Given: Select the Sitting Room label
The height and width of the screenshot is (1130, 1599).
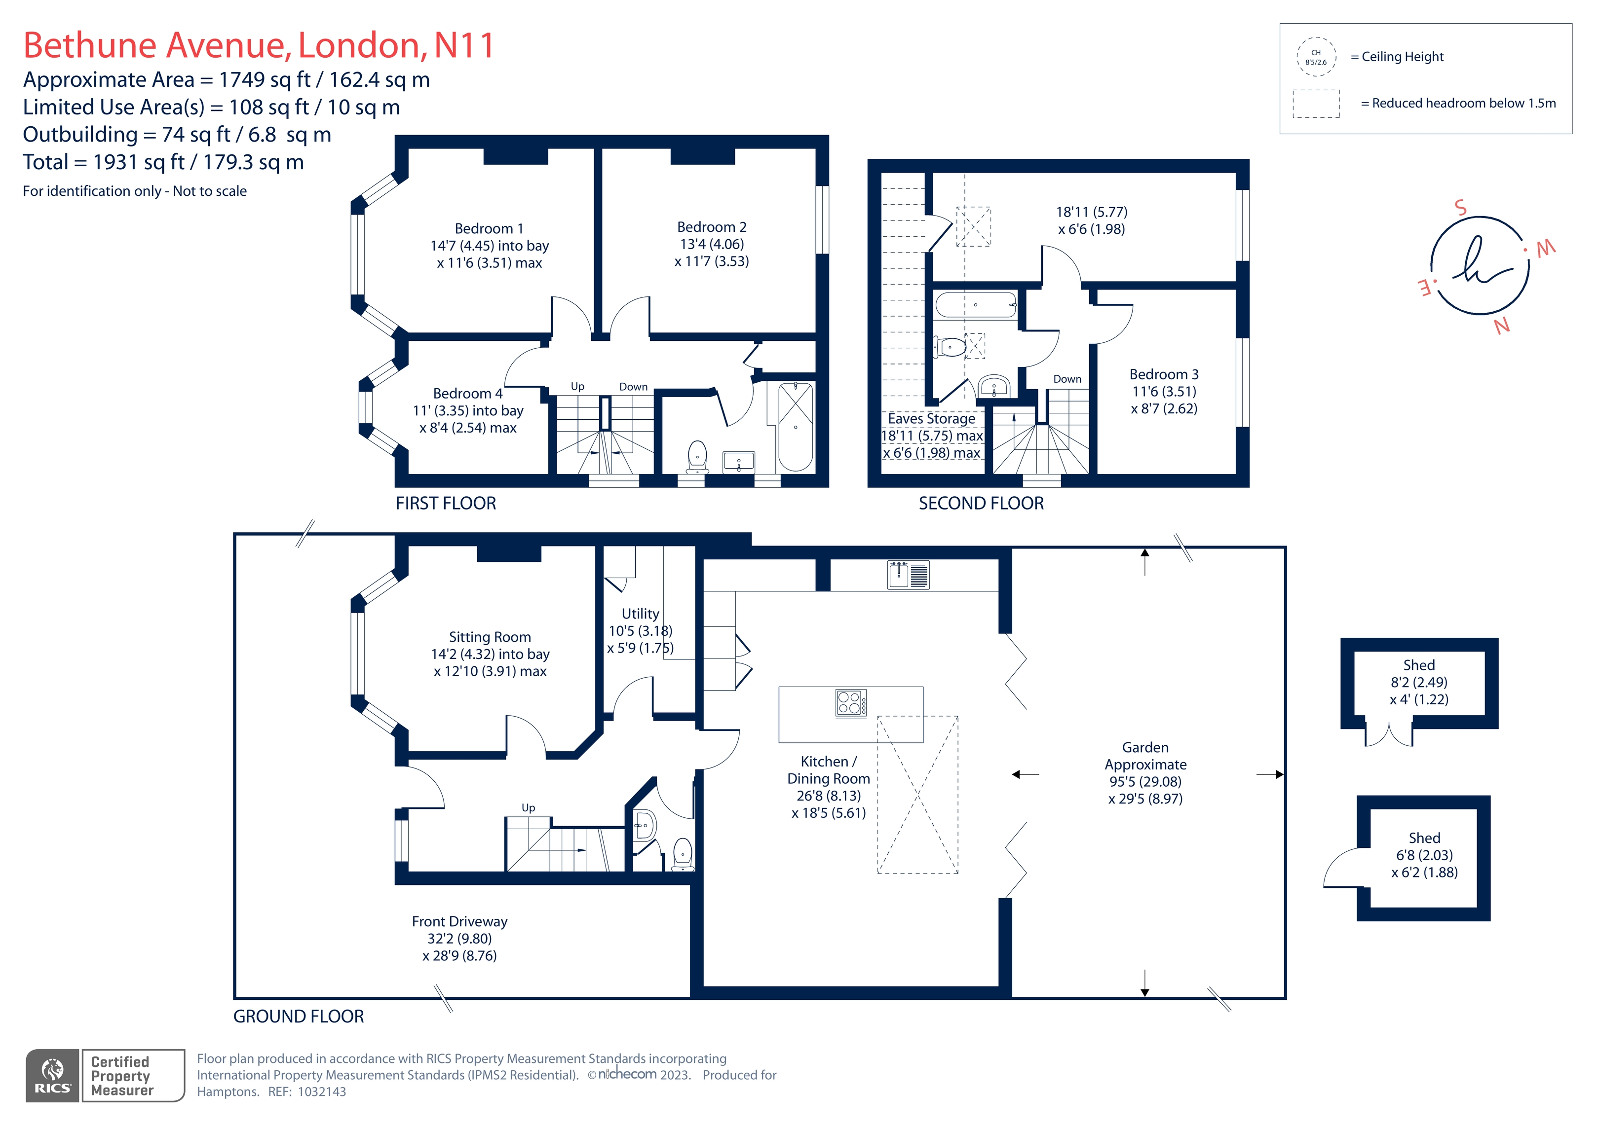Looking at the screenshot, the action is click(x=490, y=637).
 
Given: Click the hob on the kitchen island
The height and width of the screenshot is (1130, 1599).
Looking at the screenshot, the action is click(x=851, y=703).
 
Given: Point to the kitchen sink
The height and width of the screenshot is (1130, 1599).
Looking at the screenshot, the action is click(x=908, y=575).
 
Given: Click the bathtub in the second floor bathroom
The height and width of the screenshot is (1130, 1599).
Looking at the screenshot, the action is click(x=975, y=305).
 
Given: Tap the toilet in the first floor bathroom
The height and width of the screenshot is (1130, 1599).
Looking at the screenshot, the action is click(x=697, y=457).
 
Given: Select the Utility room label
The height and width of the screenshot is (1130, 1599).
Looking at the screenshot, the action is click(x=640, y=614).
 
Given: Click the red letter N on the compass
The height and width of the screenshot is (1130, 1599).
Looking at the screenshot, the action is click(x=1502, y=325).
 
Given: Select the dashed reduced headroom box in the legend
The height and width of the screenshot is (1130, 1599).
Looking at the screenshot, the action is click(x=1316, y=104).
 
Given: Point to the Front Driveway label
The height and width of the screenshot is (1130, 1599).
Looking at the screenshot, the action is click(x=459, y=922).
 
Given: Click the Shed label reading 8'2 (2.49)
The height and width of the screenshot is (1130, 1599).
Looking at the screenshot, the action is click(x=1419, y=682).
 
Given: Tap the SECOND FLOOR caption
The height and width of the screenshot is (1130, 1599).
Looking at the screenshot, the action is click(x=981, y=504).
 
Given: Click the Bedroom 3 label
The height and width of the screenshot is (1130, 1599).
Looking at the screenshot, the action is click(x=1164, y=374).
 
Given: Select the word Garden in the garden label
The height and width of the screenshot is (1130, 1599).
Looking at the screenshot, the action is click(x=1145, y=748).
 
